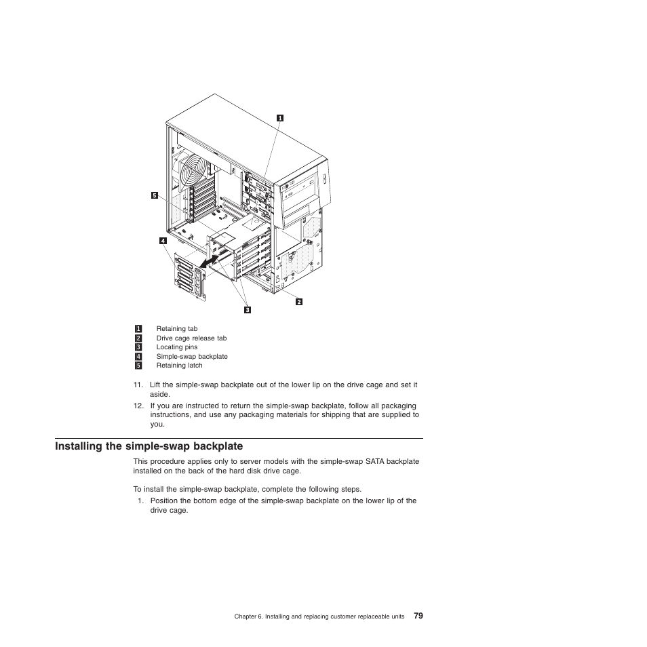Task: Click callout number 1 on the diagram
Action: click(279, 118)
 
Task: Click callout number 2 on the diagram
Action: click(298, 301)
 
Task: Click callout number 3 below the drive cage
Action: click(248, 310)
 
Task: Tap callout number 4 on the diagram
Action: click(163, 240)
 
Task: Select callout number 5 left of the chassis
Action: click(154, 195)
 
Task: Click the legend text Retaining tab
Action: click(176, 329)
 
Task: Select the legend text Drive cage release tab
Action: click(191, 338)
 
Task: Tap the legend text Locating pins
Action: click(176, 347)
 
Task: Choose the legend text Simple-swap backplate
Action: click(192, 356)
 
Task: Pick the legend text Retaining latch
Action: click(179, 366)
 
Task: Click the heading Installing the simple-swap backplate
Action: click(149, 446)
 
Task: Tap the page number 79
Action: click(418, 616)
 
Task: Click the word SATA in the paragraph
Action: click(374, 462)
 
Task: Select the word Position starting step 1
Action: click(163, 501)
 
